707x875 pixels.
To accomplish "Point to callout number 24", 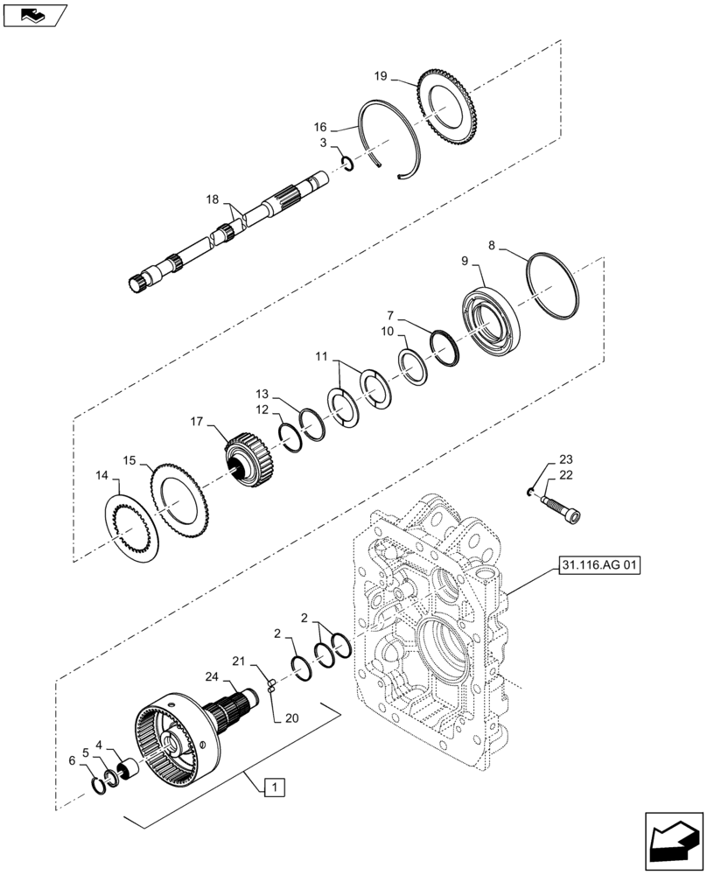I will (x=212, y=675).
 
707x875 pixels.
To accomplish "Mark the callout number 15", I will (x=129, y=459).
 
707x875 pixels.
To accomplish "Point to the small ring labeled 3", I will (x=346, y=162).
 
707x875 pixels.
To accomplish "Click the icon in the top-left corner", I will (x=32, y=15).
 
